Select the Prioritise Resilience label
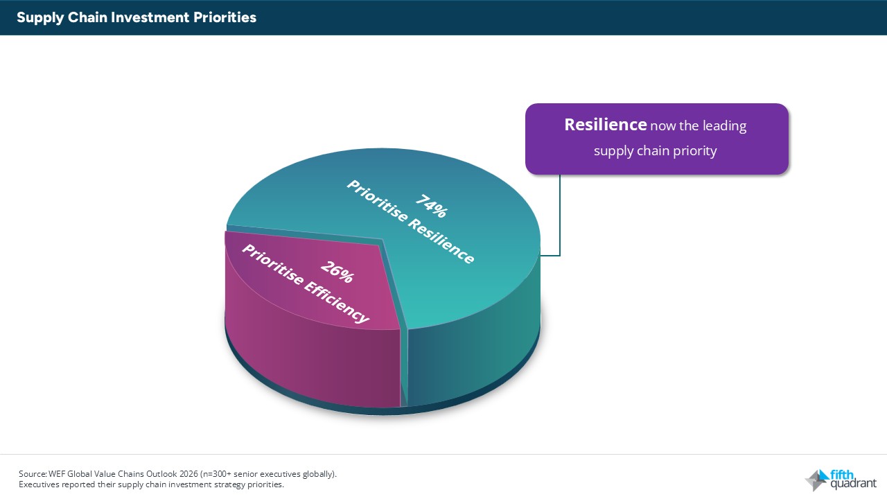(410, 222)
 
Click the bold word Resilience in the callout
(605, 125)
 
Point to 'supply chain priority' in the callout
(655, 150)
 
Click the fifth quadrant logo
(840, 479)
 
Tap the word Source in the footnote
(32, 474)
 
